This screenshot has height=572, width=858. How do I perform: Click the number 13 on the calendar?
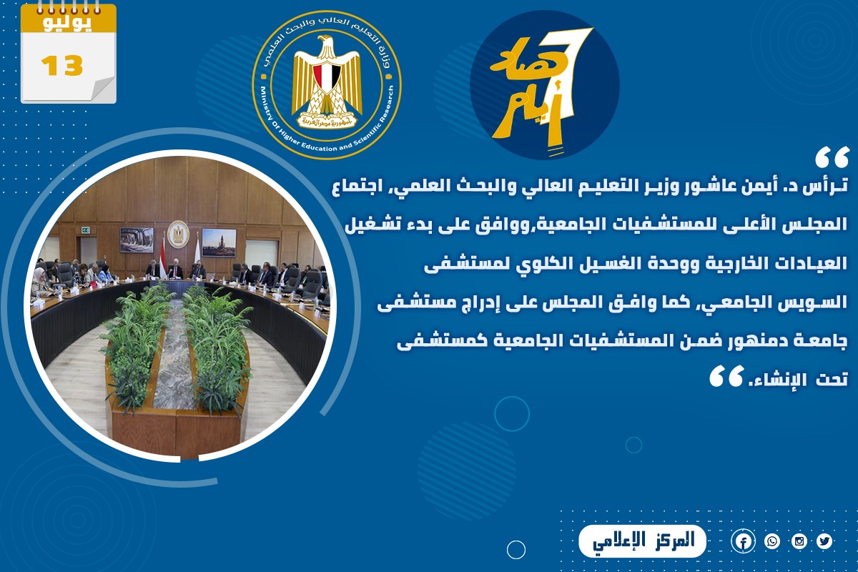click(x=62, y=66)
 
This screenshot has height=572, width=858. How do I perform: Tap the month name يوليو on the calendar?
click(x=67, y=23)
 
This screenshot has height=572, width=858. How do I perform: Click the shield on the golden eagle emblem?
click(x=327, y=77)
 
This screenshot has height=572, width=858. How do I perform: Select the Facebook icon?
click(x=743, y=542)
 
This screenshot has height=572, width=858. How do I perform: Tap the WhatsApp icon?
click(x=771, y=541)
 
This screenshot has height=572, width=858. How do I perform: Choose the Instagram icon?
click(x=799, y=541)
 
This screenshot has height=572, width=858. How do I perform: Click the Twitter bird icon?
click(x=824, y=541)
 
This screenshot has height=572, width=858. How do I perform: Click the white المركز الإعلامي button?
click(x=642, y=541)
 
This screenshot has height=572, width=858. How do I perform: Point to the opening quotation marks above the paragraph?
click(x=832, y=157)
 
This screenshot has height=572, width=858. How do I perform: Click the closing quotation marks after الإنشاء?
click(x=726, y=376)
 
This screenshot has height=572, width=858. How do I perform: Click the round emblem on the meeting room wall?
click(x=178, y=234)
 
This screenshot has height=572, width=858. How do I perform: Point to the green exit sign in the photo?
click(x=85, y=230)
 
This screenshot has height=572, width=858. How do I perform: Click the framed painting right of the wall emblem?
click(x=219, y=242)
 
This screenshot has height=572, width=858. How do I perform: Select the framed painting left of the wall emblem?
click(x=137, y=240)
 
